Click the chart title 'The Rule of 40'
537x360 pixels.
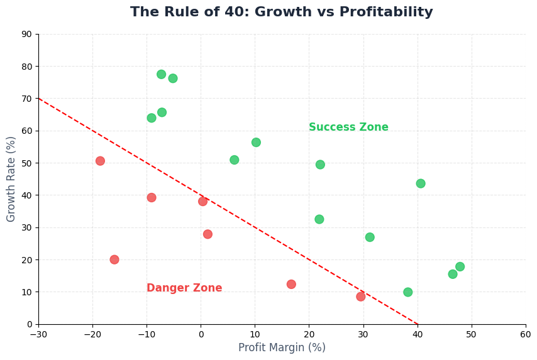click(281, 13)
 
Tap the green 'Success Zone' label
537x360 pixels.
click(348, 128)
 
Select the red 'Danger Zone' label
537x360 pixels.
click(184, 288)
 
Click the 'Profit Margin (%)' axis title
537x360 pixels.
click(282, 347)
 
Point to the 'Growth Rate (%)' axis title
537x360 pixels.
click(11, 179)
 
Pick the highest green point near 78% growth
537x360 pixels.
click(161, 74)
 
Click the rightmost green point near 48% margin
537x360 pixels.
click(460, 266)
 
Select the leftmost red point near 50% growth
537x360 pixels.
click(100, 161)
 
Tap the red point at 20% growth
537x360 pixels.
click(114, 259)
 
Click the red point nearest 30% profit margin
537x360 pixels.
click(360, 297)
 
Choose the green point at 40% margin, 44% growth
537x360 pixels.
click(420, 183)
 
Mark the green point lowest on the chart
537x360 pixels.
click(407, 292)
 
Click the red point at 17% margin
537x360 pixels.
click(291, 284)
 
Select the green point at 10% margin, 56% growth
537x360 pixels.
click(256, 143)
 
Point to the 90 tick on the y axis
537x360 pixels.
click(27, 34)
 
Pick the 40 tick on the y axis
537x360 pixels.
click(27, 195)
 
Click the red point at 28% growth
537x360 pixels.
click(208, 234)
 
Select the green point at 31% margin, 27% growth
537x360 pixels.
click(370, 237)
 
